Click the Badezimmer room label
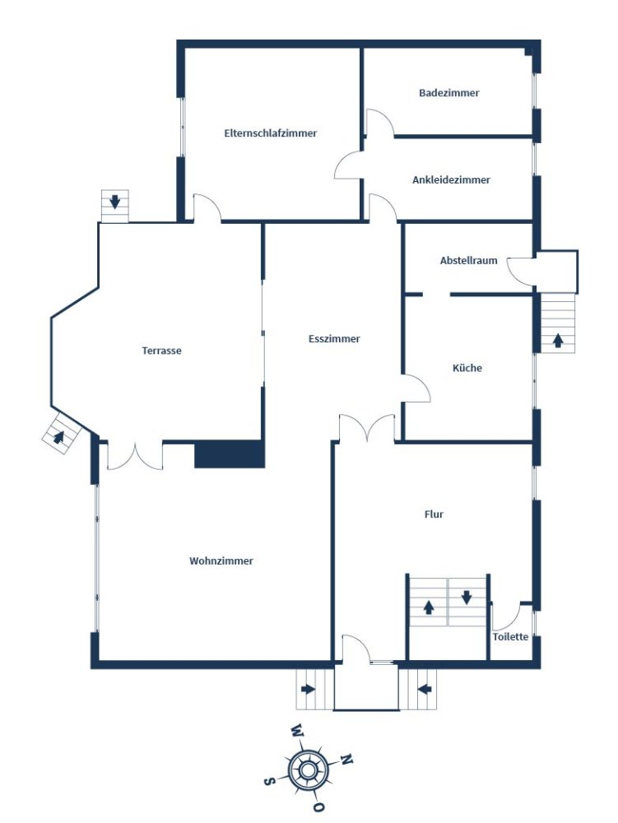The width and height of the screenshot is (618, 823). click(449, 93)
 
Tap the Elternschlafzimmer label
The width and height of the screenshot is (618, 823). click(270, 133)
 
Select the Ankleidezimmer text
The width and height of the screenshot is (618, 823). click(451, 180)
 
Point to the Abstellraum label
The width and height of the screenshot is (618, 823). click(468, 260)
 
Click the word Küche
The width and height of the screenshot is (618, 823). click(467, 368)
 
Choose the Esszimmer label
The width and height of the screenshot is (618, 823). click(334, 339)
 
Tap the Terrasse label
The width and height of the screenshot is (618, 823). click(161, 351)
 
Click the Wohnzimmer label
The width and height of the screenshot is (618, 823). click(221, 561)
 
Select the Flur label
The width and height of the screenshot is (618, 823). click(434, 514)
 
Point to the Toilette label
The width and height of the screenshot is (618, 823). click(510, 637)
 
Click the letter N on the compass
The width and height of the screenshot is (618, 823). click(346, 759)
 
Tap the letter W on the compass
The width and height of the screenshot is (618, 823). click(297, 729)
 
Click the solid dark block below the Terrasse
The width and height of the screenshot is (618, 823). click(230, 454)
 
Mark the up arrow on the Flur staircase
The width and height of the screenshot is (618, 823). click(429, 607)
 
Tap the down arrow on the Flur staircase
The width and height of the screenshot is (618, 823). click(467, 597)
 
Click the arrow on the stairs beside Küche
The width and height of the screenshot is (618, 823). click(558, 341)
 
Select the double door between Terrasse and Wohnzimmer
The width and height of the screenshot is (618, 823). click(135, 457)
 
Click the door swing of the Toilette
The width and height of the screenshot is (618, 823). click(506, 616)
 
